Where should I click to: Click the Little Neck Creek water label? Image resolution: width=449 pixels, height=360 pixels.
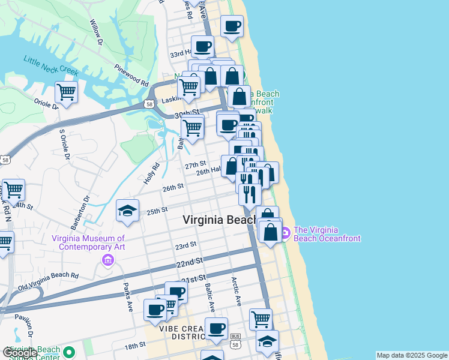click(x=51, y=65)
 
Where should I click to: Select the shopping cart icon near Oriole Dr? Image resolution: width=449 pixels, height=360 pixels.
click(x=65, y=92)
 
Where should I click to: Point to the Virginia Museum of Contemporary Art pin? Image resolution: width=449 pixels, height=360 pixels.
click(x=108, y=260)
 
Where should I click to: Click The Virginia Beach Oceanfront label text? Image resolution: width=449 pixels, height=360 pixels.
click(x=327, y=234)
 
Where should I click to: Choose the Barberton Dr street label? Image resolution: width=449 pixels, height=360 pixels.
click(x=80, y=212)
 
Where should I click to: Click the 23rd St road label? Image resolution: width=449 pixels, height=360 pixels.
click(x=185, y=245)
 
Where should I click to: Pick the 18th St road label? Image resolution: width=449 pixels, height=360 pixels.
click(x=135, y=345)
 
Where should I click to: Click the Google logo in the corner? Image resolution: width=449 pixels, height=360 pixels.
click(x=20, y=353)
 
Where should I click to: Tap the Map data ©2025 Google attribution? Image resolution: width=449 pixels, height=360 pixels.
click(x=411, y=355)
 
